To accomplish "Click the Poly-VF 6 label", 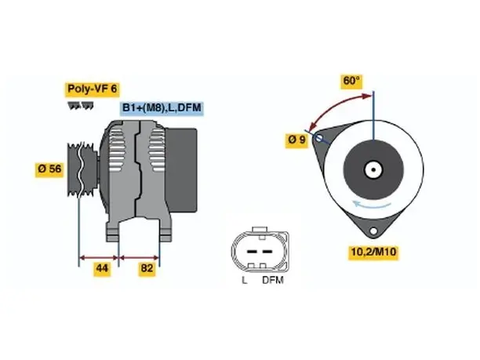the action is pos(92,89).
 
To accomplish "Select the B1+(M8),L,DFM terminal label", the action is pos(162,108).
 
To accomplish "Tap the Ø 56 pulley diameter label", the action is pos(49,169).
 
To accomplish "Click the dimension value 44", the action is pos(102,268).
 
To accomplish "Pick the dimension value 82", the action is pos(147,268).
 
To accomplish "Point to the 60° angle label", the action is pos(351,81).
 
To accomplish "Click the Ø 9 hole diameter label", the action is pos(297,140).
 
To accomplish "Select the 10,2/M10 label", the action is pos(373,252).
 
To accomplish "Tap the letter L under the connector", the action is pos(244,280).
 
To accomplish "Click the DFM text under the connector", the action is pos(273,280).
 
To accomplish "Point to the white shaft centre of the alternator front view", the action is pos(373,169).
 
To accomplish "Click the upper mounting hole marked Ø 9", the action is pos(318,138).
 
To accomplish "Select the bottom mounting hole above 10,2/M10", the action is pos(373,231).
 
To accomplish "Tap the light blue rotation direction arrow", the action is pos(372,205).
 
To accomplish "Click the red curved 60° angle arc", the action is pos(333,106).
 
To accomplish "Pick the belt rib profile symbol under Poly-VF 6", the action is pos(81,106).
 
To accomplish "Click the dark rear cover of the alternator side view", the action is pos(181,170).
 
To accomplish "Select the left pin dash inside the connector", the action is pos(252,252).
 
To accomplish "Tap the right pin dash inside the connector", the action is pos(267,252).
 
